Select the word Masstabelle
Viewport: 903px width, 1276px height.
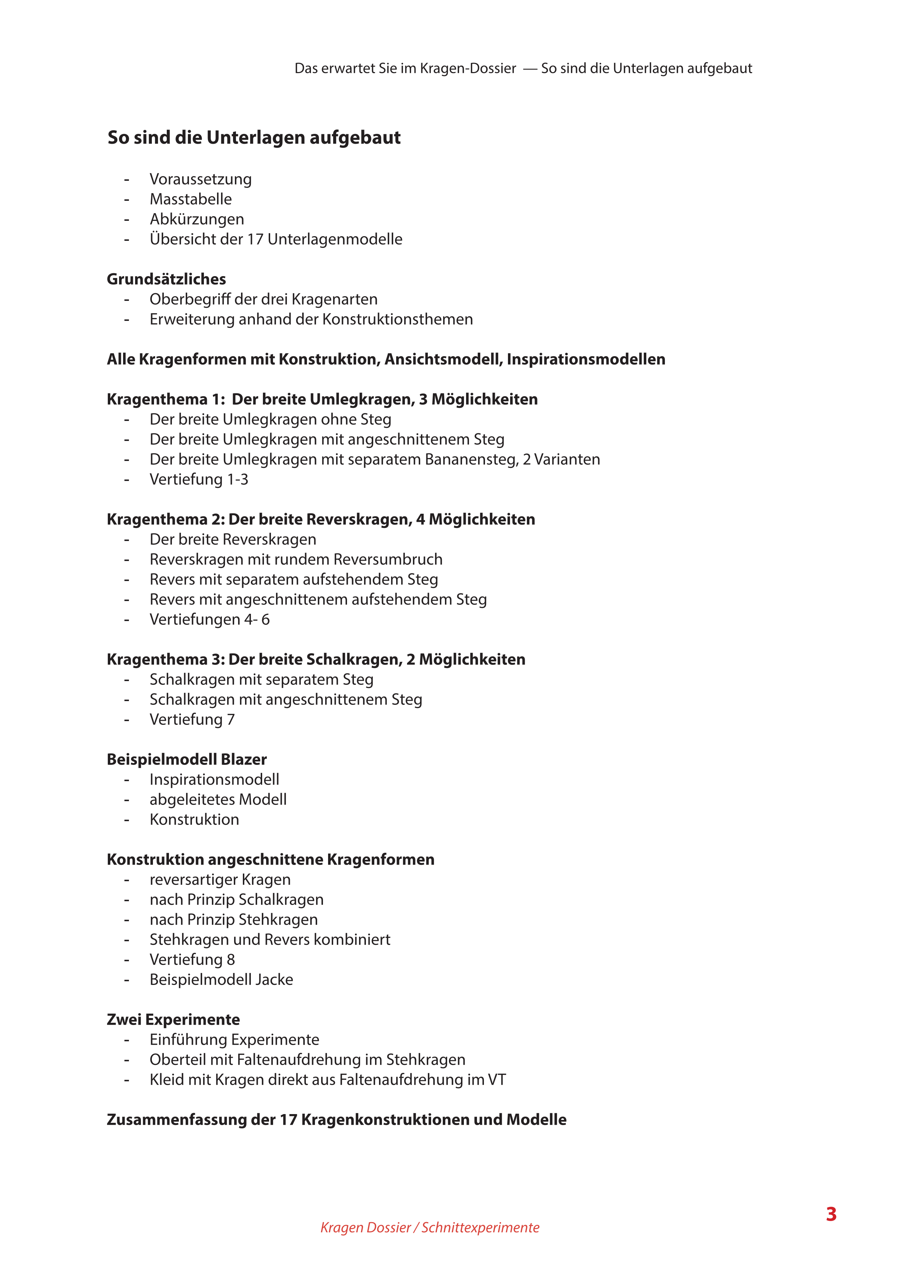coord(191,199)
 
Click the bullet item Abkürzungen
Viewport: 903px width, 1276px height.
coord(197,219)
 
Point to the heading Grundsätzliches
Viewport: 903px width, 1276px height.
coord(166,279)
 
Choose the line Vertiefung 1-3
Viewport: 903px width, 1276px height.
coord(198,479)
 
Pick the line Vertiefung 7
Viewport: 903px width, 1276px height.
coord(192,719)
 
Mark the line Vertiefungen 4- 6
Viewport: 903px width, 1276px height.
coord(209,619)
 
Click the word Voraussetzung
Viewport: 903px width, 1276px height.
coord(200,179)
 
